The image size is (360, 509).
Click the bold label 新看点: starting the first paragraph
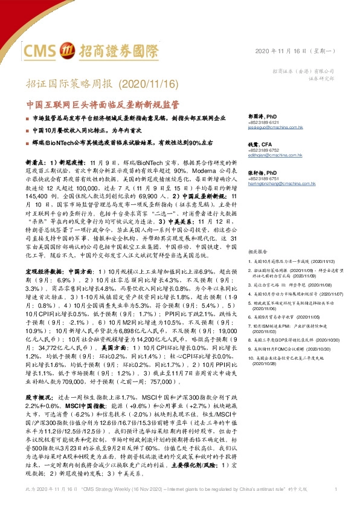(34, 163)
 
